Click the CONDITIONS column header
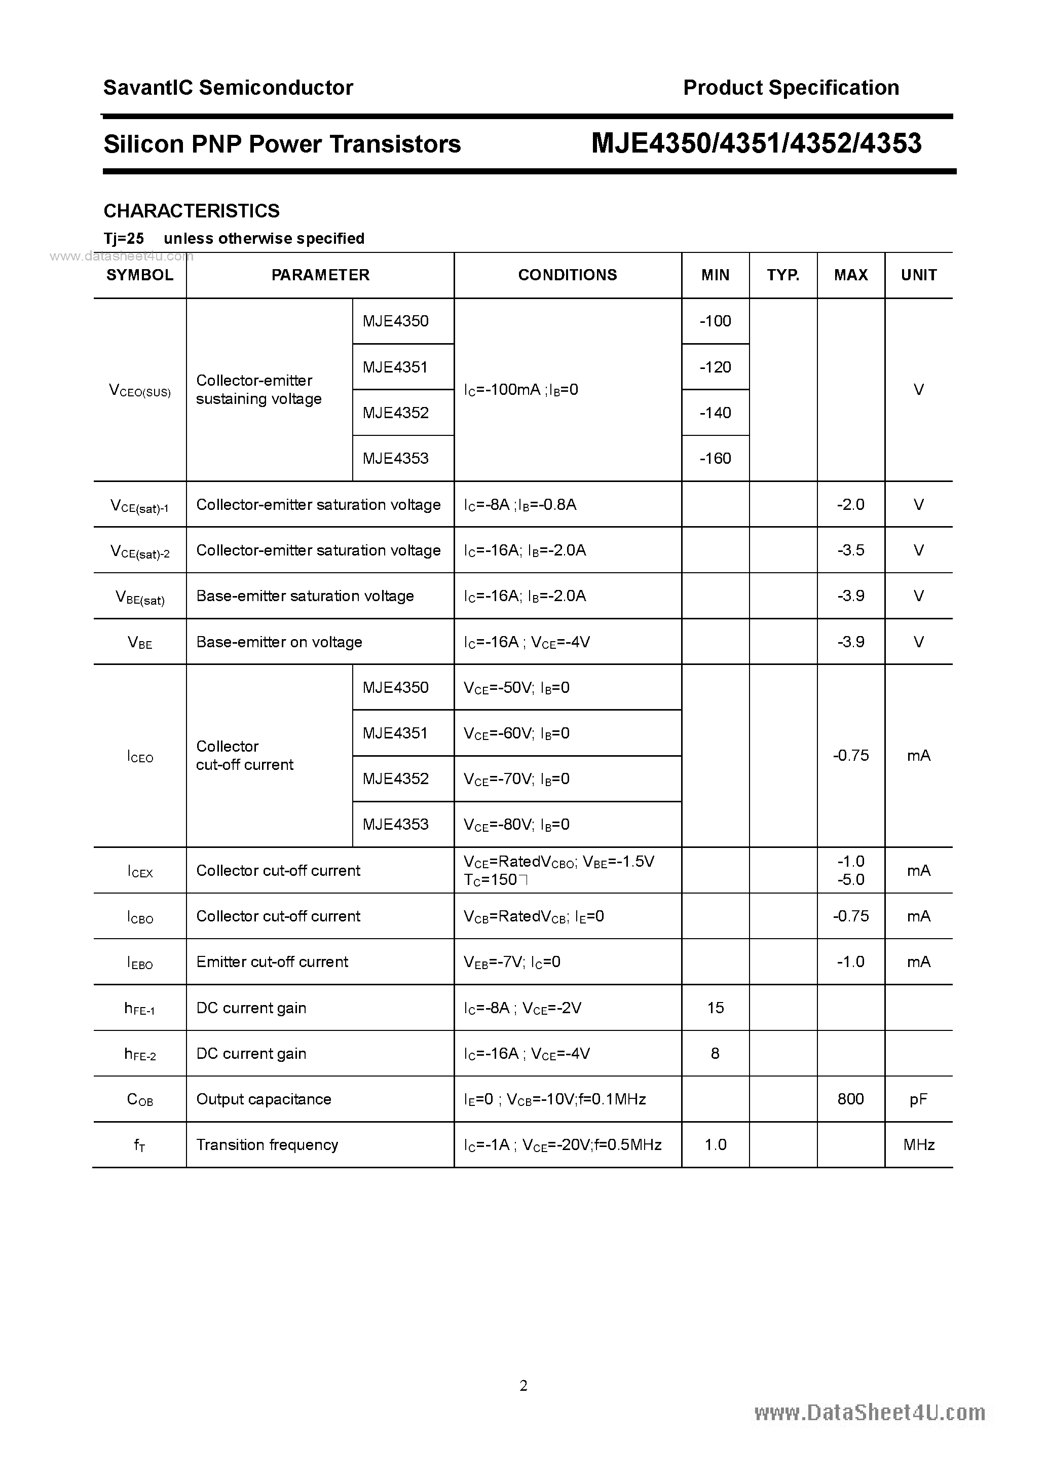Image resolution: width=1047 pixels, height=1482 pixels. pyautogui.click(x=568, y=275)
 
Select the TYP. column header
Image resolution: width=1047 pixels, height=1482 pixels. pyautogui.click(x=783, y=275)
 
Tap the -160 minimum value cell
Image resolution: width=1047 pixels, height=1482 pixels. pyautogui.click(x=715, y=458)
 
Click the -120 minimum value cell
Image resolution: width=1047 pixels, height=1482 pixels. pyautogui.click(x=715, y=367)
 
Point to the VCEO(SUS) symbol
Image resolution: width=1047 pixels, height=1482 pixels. pyautogui.click(x=140, y=390)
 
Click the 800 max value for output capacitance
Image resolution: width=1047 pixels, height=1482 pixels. pyautogui.click(x=850, y=1099)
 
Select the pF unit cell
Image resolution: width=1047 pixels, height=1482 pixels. pyautogui.click(x=919, y=1099)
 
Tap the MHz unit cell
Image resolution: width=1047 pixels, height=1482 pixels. pyautogui.click(x=919, y=1144)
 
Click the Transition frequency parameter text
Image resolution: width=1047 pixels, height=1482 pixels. pyautogui.click(x=267, y=1144)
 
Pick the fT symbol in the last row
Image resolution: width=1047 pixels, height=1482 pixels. pyautogui.click(x=139, y=1145)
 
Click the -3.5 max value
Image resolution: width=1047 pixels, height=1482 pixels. pyautogui.click(x=850, y=550)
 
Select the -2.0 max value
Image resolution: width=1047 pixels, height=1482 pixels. pyautogui.click(x=850, y=504)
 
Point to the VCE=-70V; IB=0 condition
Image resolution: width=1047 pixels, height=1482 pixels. pyautogui.click(x=516, y=779)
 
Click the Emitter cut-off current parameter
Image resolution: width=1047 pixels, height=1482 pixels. pyautogui.click(x=272, y=962)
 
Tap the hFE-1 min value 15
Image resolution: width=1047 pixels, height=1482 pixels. pyautogui.click(x=715, y=1008)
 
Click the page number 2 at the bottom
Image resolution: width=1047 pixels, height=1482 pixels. pyautogui.click(x=523, y=1385)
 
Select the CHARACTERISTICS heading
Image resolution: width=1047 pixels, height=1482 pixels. pyautogui.click(x=192, y=211)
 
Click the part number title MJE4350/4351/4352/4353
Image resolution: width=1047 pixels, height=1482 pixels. pyautogui.click(x=757, y=143)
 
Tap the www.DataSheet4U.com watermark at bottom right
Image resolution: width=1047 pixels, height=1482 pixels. pyautogui.click(x=870, y=1413)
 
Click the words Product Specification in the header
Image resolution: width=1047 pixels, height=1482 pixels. pyautogui.click(x=791, y=88)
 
